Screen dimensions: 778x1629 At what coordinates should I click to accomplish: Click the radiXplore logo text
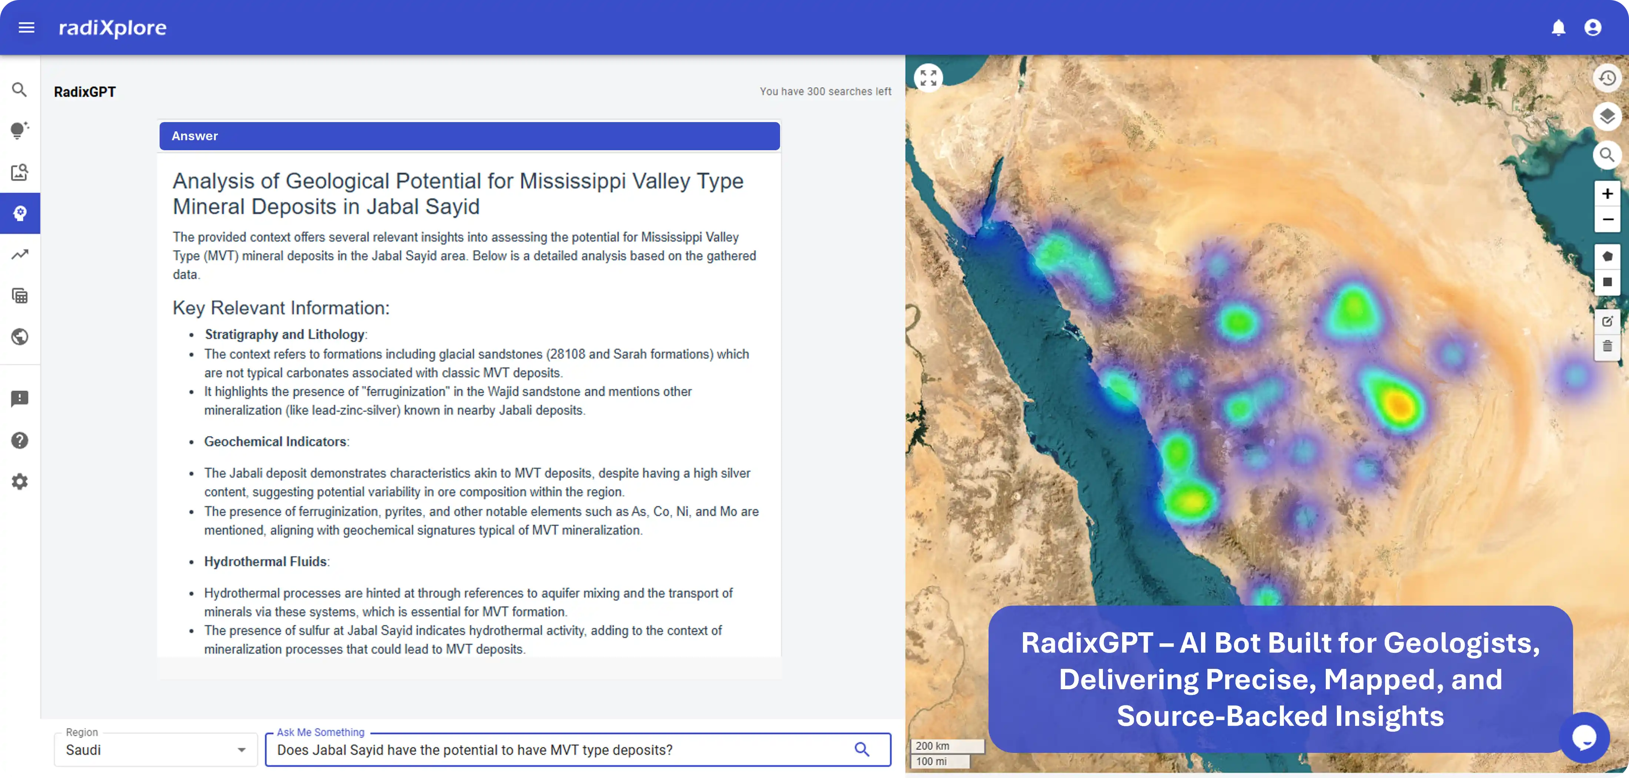tap(113, 28)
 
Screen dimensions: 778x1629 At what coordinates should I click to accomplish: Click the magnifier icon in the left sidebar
tap(20, 90)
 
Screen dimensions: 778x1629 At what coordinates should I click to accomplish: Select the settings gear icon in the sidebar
tap(20, 482)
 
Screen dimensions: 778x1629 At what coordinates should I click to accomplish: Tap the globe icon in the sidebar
tap(20, 337)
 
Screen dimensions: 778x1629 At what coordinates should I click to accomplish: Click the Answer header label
tap(195, 136)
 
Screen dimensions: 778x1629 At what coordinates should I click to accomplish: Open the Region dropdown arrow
tap(241, 750)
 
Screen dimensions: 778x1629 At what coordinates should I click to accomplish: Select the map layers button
tap(1607, 116)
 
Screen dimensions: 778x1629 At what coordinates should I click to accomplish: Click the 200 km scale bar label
tap(933, 746)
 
